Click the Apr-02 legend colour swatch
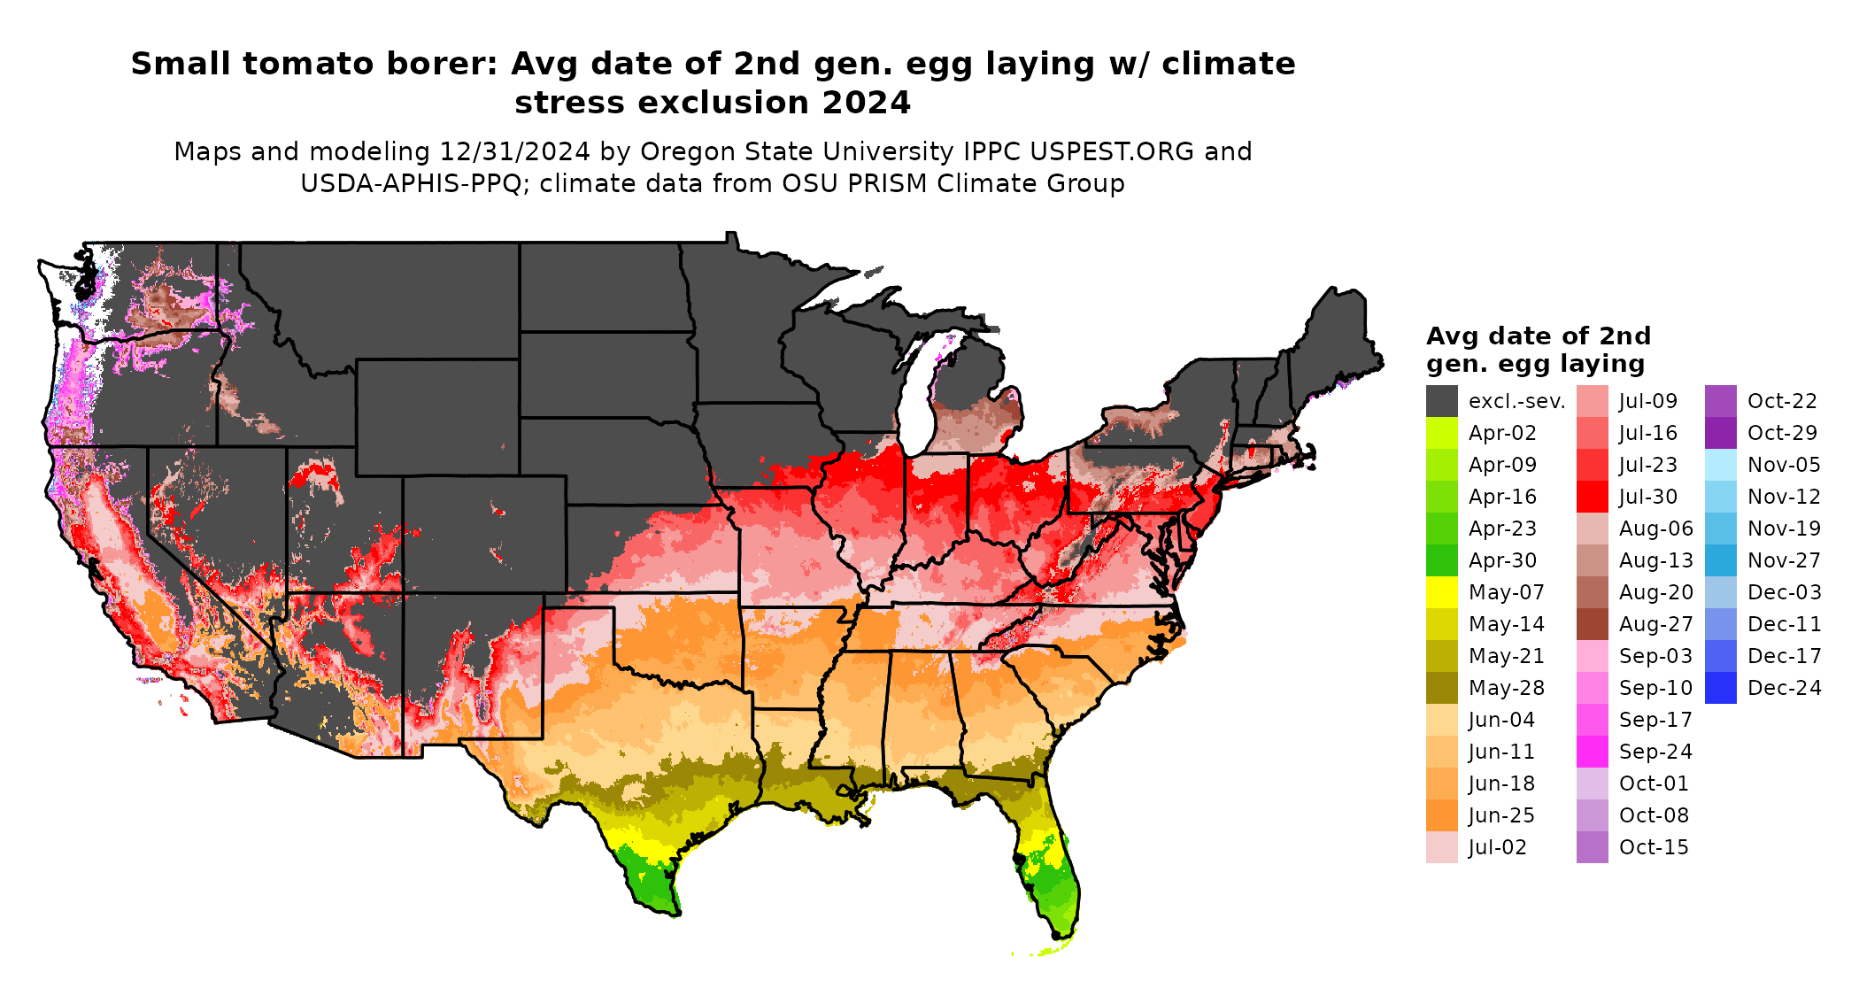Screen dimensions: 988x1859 click(1441, 433)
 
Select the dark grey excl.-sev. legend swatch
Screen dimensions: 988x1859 click(1441, 401)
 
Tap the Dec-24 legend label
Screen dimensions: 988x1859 click(1784, 688)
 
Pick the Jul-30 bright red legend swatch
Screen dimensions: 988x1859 click(1592, 497)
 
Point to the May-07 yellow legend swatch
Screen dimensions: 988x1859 click(1441, 592)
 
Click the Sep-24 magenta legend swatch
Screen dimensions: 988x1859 click(1592, 752)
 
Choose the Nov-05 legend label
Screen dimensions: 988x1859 click(1784, 465)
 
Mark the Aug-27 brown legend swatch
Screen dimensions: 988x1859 click(1592, 624)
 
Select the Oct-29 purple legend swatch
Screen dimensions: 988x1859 click(1720, 433)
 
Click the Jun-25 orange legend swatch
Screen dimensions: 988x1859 click(1441, 815)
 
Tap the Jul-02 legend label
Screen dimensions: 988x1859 click(1497, 847)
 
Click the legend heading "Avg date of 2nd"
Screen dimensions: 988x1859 click(1539, 336)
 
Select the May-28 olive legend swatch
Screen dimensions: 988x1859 click(1441, 688)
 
